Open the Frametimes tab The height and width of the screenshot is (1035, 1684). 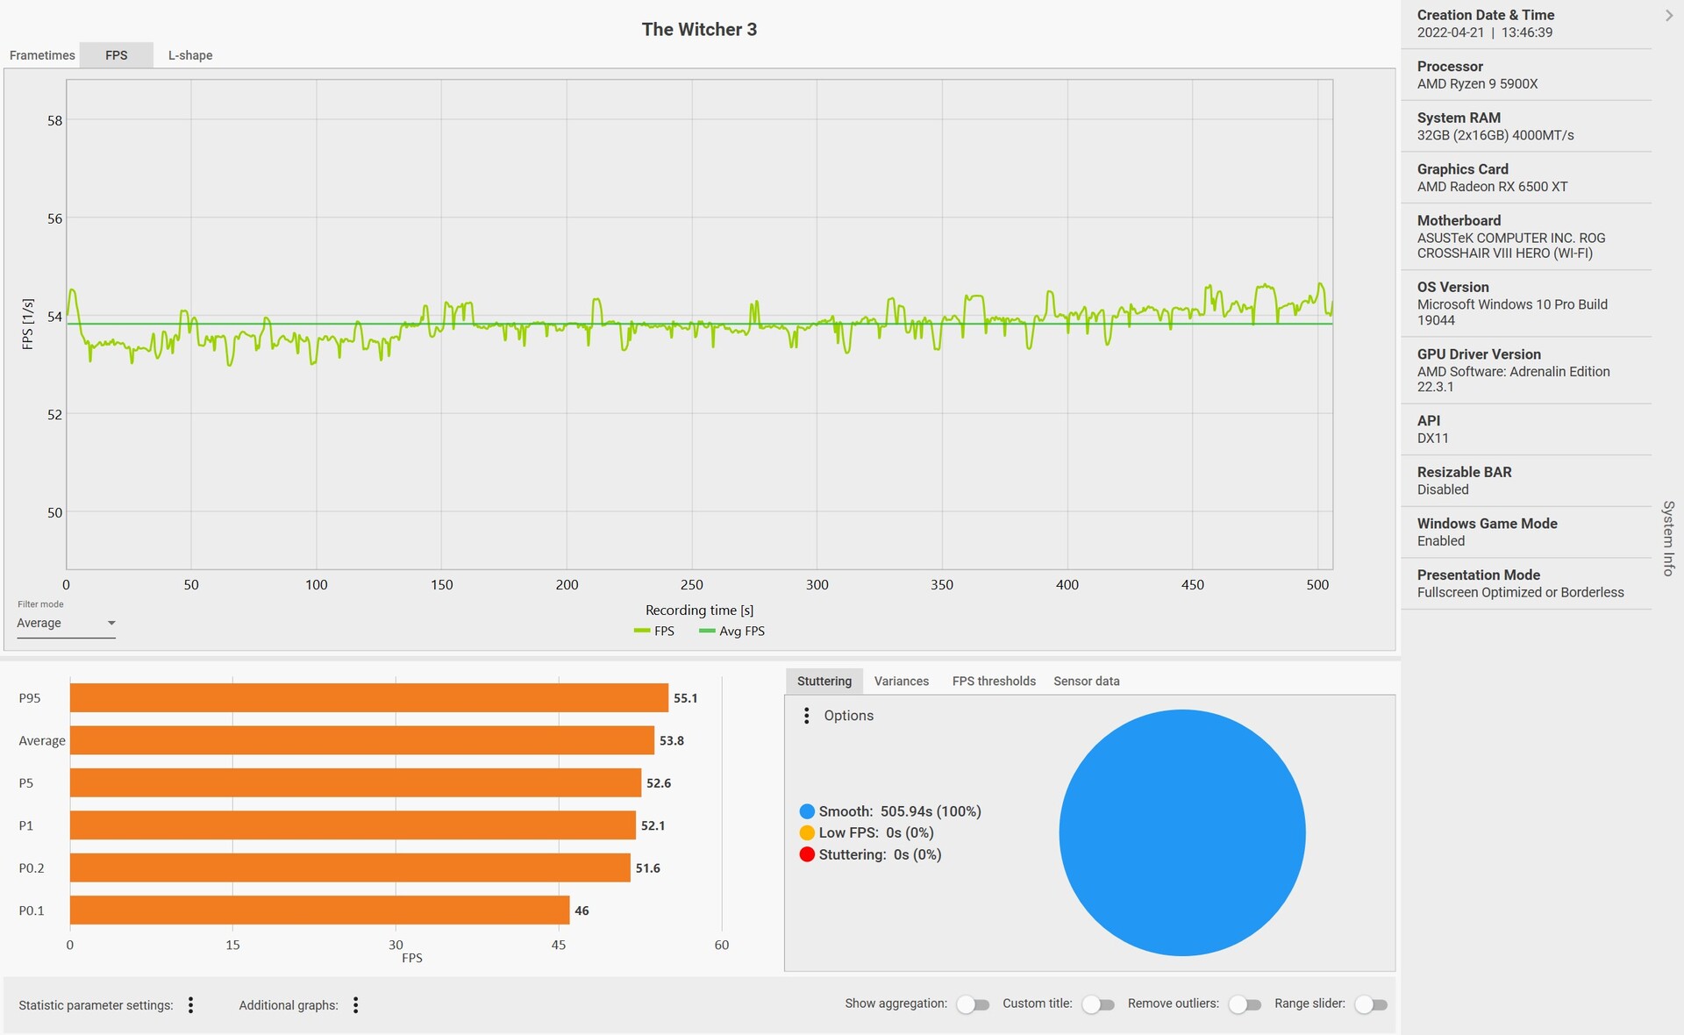point(42,55)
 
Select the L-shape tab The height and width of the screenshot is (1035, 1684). point(190,55)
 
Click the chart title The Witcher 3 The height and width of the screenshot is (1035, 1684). point(699,29)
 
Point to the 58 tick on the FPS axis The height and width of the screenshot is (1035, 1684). point(54,121)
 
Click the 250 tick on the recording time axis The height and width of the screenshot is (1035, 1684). point(692,585)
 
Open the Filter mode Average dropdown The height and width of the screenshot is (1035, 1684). point(66,624)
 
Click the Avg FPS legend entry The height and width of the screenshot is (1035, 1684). point(732,632)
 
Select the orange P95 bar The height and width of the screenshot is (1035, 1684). point(368,698)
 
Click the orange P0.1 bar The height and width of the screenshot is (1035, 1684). point(319,910)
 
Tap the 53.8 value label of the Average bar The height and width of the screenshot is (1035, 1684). point(672,741)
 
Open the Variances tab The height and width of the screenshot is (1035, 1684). point(901,682)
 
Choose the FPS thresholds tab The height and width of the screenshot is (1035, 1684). point(994,682)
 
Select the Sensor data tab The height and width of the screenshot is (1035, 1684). point(1086,682)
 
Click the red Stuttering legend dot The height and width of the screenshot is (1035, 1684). point(807,855)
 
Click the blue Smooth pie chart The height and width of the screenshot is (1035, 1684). point(1181,832)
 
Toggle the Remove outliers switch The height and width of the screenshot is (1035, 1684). point(1245,1005)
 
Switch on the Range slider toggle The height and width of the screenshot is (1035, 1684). point(1371,1005)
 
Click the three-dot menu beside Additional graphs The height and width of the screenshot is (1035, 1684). point(355,1005)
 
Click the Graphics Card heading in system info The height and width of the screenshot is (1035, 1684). point(1462,169)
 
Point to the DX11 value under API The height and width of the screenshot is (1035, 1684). point(1434,439)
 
